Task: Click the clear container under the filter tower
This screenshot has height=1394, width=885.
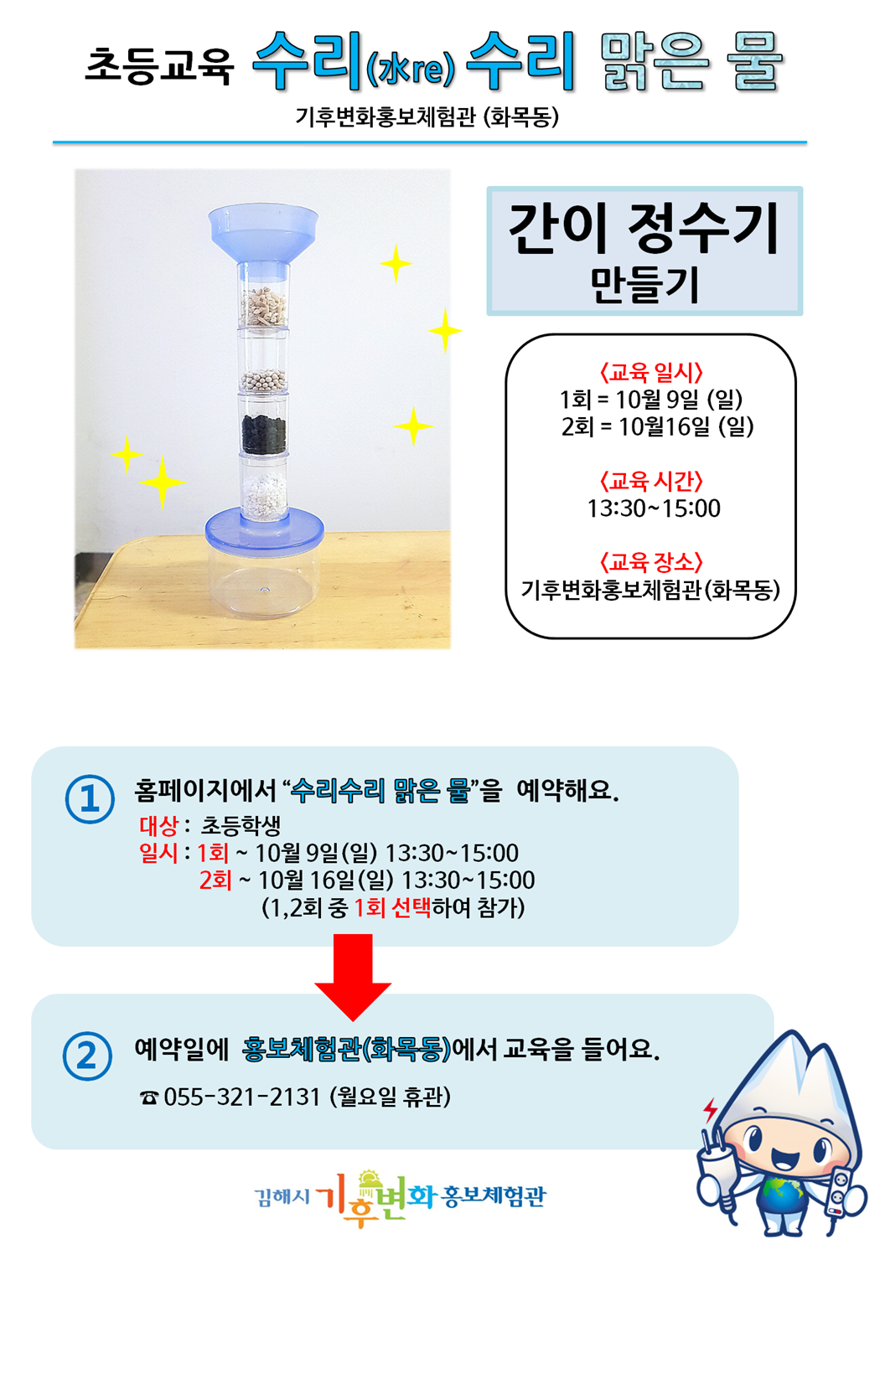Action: (x=265, y=582)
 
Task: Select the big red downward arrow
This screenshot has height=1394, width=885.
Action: (x=353, y=977)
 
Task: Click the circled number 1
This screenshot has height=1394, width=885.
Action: (x=90, y=799)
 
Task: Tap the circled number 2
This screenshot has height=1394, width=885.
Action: (x=88, y=1056)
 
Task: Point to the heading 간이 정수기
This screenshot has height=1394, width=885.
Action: (x=644, y=229)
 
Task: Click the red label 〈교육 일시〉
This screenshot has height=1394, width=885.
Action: (x=651, y=372)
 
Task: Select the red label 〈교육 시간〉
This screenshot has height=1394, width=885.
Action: (x=651, y=481)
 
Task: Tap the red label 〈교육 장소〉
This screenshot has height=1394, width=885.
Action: (x=651, y=562)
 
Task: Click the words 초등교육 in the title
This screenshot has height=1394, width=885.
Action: (x=159, y=65)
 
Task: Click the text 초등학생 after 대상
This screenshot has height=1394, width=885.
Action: (x=241, y=826)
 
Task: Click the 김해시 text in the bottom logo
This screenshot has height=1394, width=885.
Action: (x=282, y=1196)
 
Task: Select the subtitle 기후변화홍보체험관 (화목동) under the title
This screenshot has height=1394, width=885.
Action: (x=427, y=116)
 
